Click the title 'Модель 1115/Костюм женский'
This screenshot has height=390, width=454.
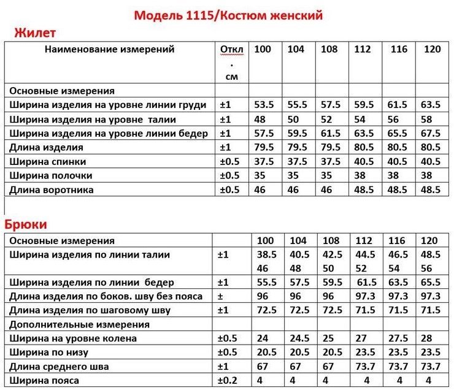coord(228,15)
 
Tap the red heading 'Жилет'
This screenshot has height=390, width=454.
coord(35,32)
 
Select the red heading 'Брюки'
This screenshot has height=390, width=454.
coord(26,224)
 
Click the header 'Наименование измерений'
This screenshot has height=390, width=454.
coord(110,50)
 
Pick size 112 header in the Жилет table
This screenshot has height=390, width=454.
coord(363,50)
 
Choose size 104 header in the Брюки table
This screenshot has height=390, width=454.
coord(298,240)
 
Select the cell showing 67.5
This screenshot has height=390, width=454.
coord(431,133)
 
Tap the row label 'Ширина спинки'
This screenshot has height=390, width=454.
coord(48,161)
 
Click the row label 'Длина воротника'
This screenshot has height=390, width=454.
coord(52,189)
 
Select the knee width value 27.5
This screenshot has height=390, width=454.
coord(398,338)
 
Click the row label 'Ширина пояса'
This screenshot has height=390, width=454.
coord(44,381)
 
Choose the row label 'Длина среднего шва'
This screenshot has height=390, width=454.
coord(59,367)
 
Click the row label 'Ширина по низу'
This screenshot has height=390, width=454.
coord(49,353)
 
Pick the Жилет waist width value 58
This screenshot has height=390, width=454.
coord(427,119)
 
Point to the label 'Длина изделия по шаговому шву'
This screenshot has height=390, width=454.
coord(90,310)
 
